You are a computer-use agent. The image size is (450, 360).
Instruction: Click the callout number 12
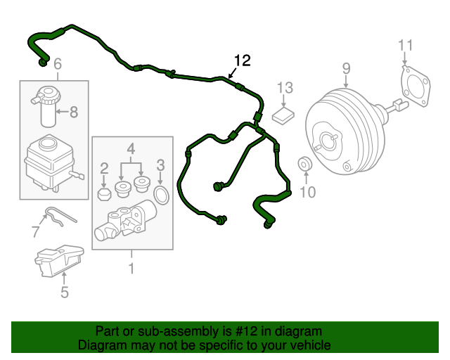click(x=241, y=60)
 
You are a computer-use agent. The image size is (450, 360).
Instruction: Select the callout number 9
click(x=346, y=68)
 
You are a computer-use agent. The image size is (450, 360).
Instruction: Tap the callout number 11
click(x=403, y=46)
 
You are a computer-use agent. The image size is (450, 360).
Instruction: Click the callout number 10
click(x=309, y=191)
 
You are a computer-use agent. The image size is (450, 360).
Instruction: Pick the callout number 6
click(x=58, y=63)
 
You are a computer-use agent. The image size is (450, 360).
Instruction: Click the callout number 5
click(x=65, y=292)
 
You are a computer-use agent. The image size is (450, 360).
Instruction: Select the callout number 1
click(x=131, y=268)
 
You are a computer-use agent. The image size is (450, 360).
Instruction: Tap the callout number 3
click(x=160, y=165)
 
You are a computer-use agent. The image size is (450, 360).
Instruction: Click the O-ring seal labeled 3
click(x=161, y=193)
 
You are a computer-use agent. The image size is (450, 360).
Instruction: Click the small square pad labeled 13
click(x=284, y=114)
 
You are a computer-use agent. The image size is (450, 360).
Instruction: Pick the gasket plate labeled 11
click(x=415, y=88)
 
